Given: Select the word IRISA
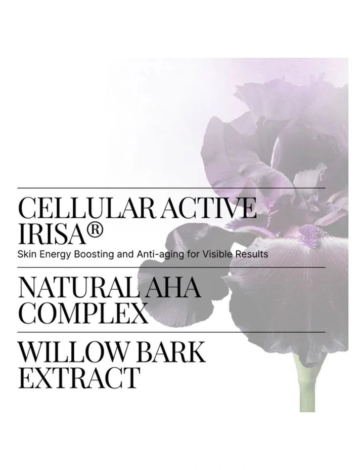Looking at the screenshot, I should point(51,233).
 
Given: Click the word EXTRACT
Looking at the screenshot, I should point(78,378).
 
